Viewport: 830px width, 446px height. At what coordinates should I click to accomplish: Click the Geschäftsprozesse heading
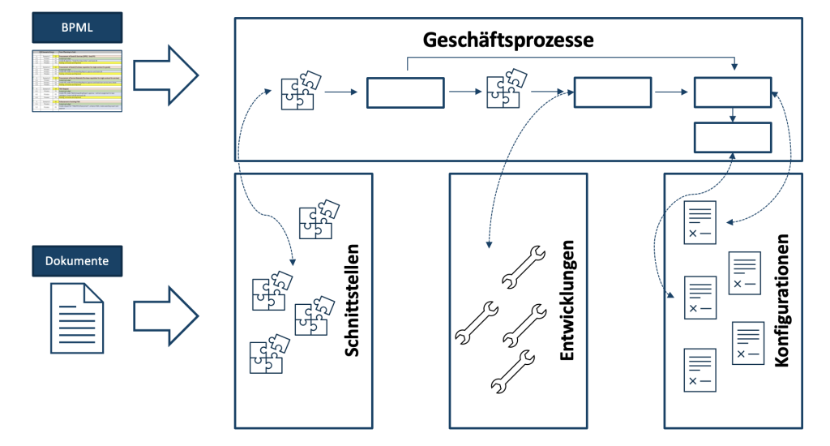point(508,39)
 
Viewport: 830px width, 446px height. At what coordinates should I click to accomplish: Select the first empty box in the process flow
point(405,92)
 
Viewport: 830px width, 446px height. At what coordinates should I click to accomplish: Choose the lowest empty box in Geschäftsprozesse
point(733,136)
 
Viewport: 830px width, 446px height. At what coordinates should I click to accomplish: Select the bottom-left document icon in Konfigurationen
point(700,370)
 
